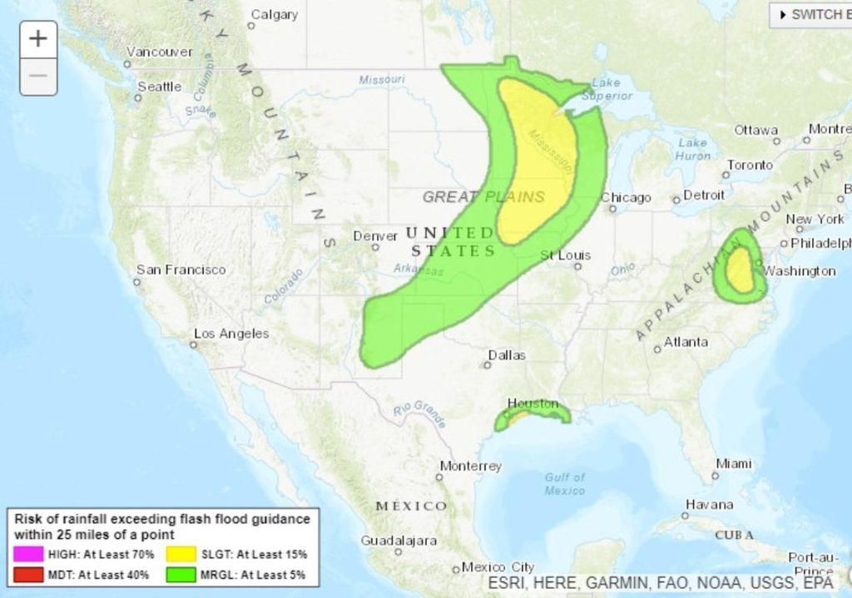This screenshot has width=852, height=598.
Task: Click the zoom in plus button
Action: pyautogui.click(x=38, y=39)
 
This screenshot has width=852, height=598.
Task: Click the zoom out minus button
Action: pyautogui.click(x=38, y=77)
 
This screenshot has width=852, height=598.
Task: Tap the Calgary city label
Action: pyautogui.click(x=275, y=14)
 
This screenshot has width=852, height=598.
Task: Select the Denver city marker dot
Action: pyautogui.click(x=375, y=247)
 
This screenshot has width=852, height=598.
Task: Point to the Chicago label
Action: pyautogui.click(x=626, y=198)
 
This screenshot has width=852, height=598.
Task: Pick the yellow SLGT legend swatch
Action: pyautogui.click(x=181, y=554)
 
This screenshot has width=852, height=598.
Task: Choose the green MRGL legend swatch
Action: pyautogui.click(x=181, y=574)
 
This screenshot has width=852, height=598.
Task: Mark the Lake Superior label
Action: pyautogui.click(x=607, y=89)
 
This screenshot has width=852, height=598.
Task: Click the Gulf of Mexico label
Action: pyautogui.click(x=565, y=483)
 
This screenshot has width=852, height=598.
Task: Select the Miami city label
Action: pyautogui.click(x=734, y=463)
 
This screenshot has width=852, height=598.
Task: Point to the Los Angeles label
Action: pyautogui.click(x=231, y=334)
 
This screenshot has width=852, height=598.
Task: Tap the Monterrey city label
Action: pyautogui.click(x=470, y=466)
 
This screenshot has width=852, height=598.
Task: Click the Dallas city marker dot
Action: pyautogui.click(x=488, y=365)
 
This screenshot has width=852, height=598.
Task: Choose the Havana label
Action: pyautogui.click(x=710, y=504)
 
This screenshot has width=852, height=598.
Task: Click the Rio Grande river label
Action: pyautogui.click(x=420, y=413)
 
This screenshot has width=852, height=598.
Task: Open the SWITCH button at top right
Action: pyautogui.click(x=811, y=14)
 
